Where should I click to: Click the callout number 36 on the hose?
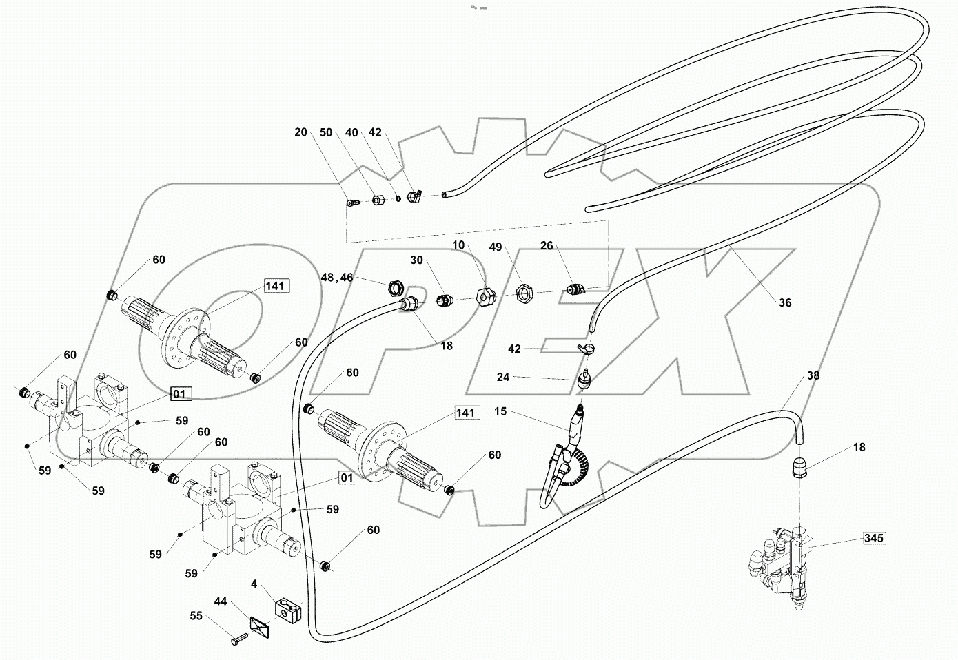pyautogui.click(x=785, y=302)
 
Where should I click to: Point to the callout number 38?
pyautogui.click(x=813, y=376)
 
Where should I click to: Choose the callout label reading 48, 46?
pyautogui.click(x=337, y=278)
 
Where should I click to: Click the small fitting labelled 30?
pyautogui.click(x=445, y=300)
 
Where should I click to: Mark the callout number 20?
pyautogui.click(x=300, y=132)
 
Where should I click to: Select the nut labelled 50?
pyautogui.click(x=378, y=200)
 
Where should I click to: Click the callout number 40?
pyautogui.click(x=351, y=132)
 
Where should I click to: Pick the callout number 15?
pyautogui.click(x=500, y=411)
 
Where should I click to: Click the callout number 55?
pyautogui.click(x=196, y=615)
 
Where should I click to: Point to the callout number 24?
pyautogui.click(x=503, y=377)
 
